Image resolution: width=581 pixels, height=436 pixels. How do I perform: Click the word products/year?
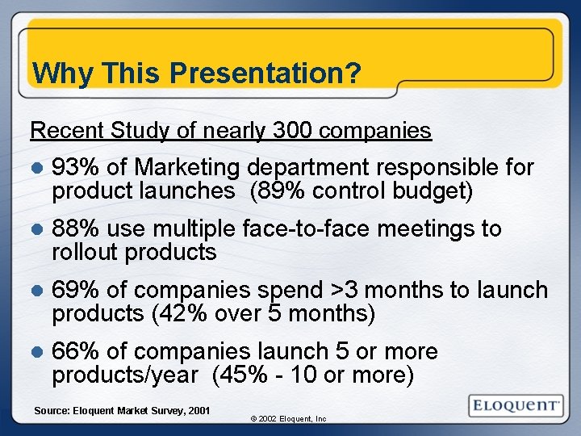click(x=125, y=375)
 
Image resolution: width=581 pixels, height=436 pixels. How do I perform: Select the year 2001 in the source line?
click(x=198, y=411)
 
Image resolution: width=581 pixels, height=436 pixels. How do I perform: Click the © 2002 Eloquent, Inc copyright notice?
click(x=288, y=419)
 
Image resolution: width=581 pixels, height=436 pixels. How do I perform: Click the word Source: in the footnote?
click(x=51, y=411)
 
